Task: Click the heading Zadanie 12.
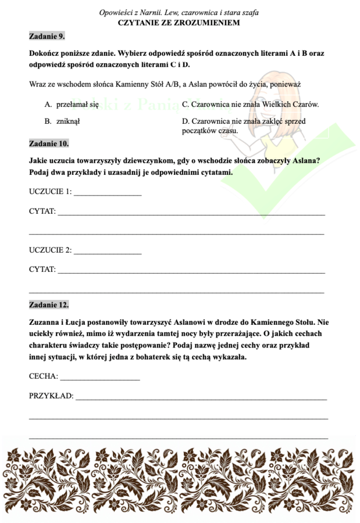coord(49,304)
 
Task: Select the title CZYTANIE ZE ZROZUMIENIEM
coord(179,22)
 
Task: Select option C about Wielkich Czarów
coord(250,105)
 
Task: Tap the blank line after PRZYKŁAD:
coord(201,397)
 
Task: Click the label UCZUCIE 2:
coord(51,250)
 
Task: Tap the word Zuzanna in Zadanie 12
coord(45,321)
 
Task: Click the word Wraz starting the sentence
coord(37,84)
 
